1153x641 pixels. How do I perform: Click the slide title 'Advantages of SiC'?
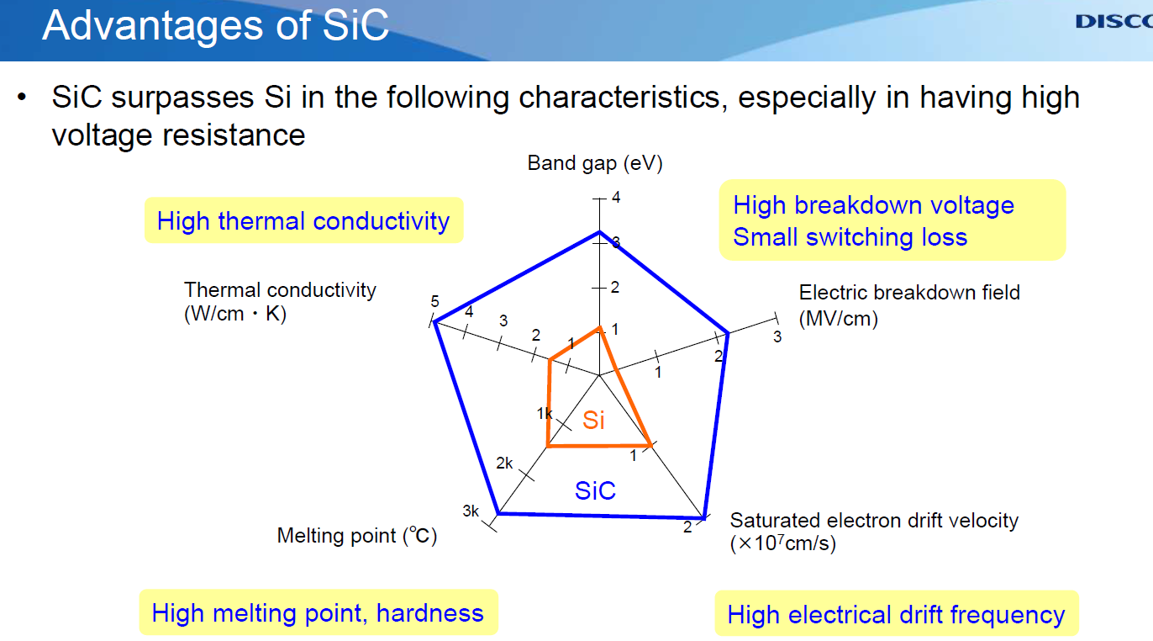pyautogui.click(x=215, y=25)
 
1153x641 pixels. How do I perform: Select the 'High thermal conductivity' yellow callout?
pyautogui.click(x=303, y=221)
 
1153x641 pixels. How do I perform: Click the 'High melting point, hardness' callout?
pyautogui.click(x=318, y=612)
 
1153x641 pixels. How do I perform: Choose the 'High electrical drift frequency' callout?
pyautogui.click(x=896, y=615)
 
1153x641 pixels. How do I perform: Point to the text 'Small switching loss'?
pyautogui.click(x=850, y=237)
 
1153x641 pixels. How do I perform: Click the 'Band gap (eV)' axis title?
pyautogui.click(x=595, y=163)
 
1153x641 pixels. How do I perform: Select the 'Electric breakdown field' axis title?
pyautogui.click(x=909, y=293)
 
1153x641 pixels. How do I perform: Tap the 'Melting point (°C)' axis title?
pyautogui.click(x=357, y=536)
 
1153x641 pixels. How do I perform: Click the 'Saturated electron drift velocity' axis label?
pyautogui.click(x=874, y=521)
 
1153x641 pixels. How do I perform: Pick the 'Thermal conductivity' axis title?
pyautogui.click(x=280, y=290)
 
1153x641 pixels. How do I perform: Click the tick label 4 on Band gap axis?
pyautogui.click(x=616, y=198)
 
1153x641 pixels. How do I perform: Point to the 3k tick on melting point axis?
pyautogui.click(x=471, y=511)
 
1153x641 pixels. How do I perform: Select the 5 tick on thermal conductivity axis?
pyautogui.click(x=434, y=302)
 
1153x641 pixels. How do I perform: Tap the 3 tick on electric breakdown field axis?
pyautogui.click(x=777, y=337)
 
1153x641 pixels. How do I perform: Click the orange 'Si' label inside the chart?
pyautogui.click(x=593, y=420)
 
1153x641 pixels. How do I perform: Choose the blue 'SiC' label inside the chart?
pyautogui.click(x=595, y=490)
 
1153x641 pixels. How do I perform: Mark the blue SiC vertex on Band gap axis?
pyautogui.click(x=599, y=231)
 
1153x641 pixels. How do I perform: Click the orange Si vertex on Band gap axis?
pyautogui.click(x=599, y=327)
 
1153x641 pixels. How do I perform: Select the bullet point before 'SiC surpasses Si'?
pyautogui.click(x=23, y=98)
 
